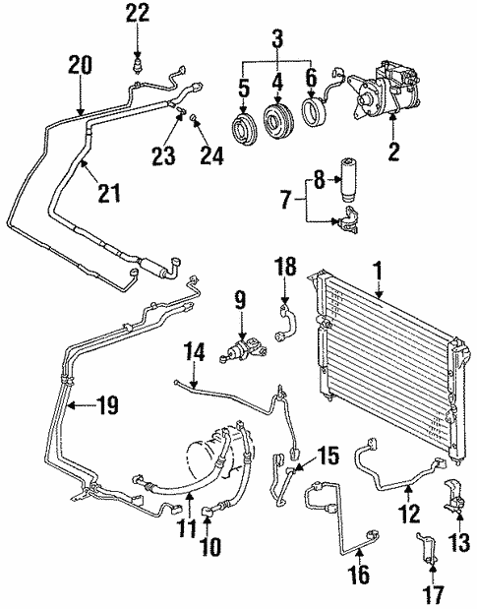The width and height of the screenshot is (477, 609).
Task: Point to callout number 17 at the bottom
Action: [433, 594]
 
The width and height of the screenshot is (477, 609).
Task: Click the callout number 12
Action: [412, 513]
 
